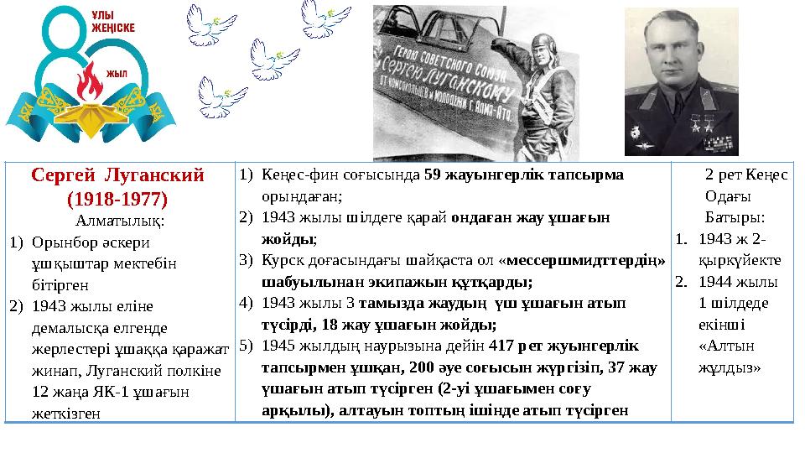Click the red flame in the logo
[x=87, y=82]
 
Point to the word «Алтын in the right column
[x=721, y=346]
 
